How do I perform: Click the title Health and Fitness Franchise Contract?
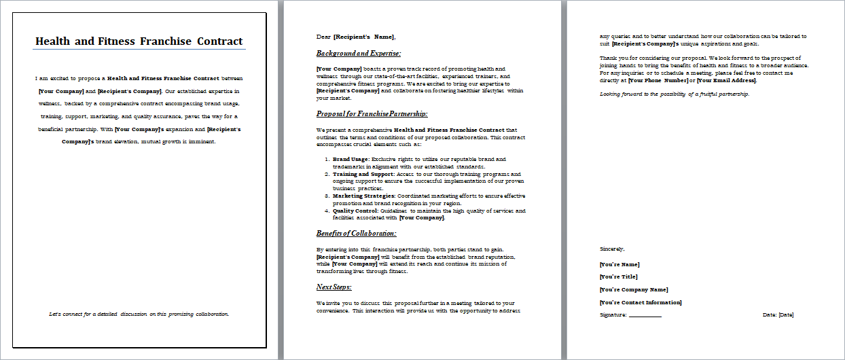[x=139, y=41]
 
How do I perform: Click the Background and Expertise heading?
[x=359, y=53]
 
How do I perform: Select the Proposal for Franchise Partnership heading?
[x=372, y=113]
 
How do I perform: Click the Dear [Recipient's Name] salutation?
[x=355, y=37]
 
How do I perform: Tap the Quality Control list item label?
[x=355, y=211]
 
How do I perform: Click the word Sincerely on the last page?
[x=612, y=249]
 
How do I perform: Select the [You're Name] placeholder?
[x=619, y=264]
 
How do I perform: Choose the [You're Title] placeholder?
[x=618, y=276]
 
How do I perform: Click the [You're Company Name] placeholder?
[x=634, y=289]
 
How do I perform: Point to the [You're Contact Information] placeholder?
[x=641, y=302]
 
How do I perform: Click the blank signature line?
[x=645, y=316]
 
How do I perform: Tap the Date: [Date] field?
[x=778, y=314]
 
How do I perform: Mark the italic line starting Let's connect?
[x=139, y=314]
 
